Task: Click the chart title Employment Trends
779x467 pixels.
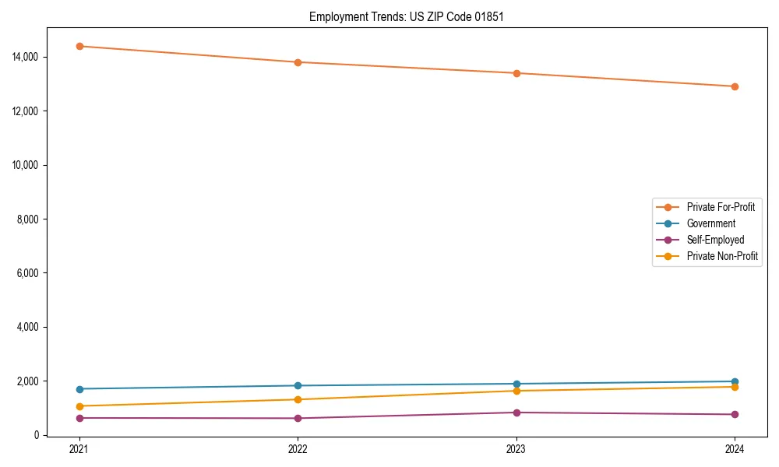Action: pos(406,16)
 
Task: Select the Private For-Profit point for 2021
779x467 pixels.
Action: pos(79,46)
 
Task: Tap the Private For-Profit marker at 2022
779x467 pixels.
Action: pos(298,62)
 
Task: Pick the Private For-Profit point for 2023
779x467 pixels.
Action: pos(516,73)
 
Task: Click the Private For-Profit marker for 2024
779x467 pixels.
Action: pos(735,86)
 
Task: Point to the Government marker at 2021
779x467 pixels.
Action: pos(79,389)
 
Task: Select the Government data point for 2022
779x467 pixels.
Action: pos(298,385)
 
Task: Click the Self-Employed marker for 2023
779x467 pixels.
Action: pos(516,413)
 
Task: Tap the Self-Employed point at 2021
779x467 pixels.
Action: pos(79,418)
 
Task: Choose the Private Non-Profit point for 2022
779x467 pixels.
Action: pos(298,399)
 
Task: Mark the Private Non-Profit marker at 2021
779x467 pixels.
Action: pos(79,406)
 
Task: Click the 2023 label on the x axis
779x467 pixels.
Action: pos(516,448)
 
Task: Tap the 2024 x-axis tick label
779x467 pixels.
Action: pos(735,448)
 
